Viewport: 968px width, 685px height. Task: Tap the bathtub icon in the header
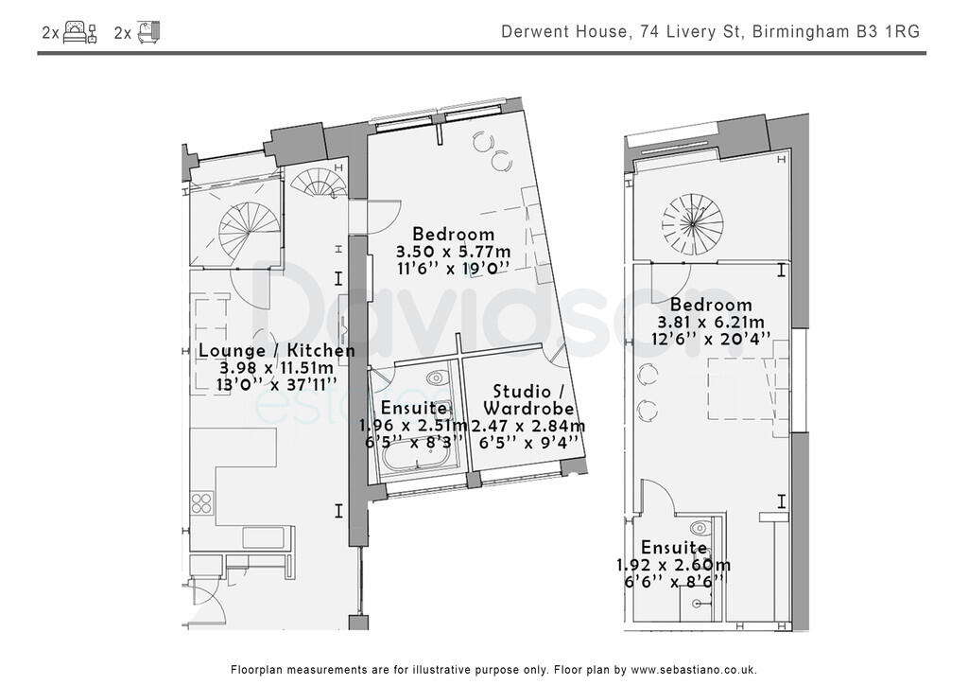click(x=148, y=33)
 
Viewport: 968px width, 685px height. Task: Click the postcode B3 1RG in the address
click(x=888, y=32)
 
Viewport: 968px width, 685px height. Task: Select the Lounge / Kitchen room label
click(x=277, y=351)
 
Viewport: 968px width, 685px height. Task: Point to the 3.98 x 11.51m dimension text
click(x=277, y=368)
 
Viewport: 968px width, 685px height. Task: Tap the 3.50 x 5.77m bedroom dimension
click(x=452, y=252)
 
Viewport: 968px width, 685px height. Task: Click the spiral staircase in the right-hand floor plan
click(x=692, y=223)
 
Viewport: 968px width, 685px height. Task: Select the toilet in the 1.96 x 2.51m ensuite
click(x=438, y=378)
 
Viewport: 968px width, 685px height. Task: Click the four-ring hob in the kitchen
click(x=202, y=501)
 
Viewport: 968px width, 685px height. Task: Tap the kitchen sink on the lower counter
click(x=262, y=537)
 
